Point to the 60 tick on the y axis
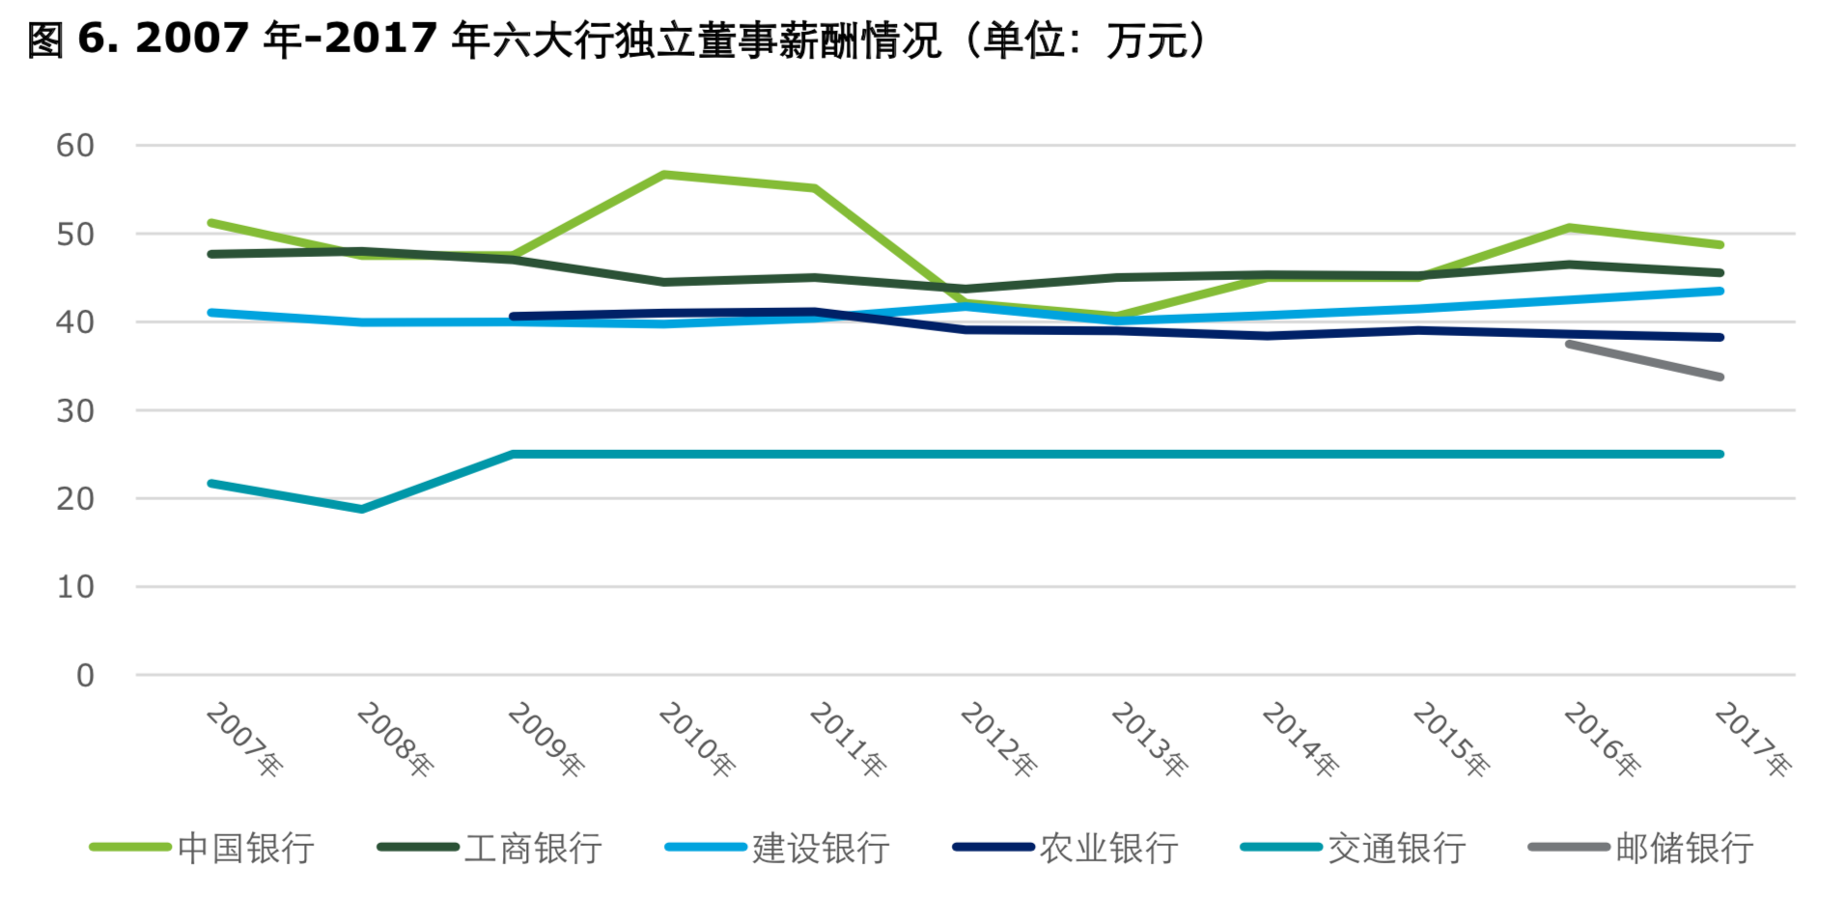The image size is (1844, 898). coord(75,146)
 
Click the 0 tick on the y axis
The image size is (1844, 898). coord(85,675)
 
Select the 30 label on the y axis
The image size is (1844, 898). coord(75,410)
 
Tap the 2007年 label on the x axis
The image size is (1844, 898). coord(244,739)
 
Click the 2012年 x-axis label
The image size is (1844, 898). coord(998,739)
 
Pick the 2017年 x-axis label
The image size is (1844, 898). coord(1752,739)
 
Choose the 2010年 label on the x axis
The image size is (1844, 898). coord(696,739)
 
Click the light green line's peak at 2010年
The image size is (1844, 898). coord(664,175)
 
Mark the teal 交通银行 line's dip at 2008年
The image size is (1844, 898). coord(362,509)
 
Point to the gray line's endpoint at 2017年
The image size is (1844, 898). coord(1720,377)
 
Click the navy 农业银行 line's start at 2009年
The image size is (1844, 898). coord(513,316)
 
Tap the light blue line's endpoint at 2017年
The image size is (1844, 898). coord(1720,291)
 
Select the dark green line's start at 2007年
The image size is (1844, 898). coord(211,254)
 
